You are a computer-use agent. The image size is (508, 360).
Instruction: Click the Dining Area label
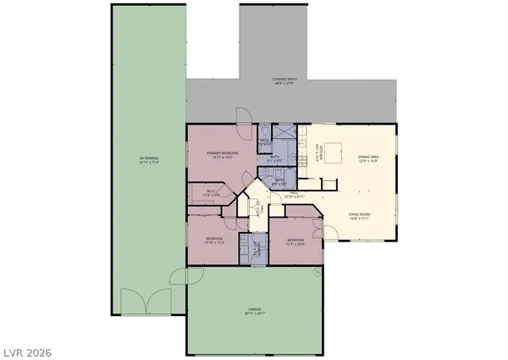(367, 158)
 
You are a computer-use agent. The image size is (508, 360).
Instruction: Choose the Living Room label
(359, 216)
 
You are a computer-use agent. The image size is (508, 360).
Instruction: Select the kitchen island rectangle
(333, 152)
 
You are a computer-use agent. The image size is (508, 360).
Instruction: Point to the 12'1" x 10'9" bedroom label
(295, 241)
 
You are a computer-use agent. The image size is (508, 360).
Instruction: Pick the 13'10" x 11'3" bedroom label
(213, 241)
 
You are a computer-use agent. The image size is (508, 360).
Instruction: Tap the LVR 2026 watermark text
(28, 346)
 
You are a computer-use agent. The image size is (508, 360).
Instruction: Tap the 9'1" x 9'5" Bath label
(275, 158)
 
